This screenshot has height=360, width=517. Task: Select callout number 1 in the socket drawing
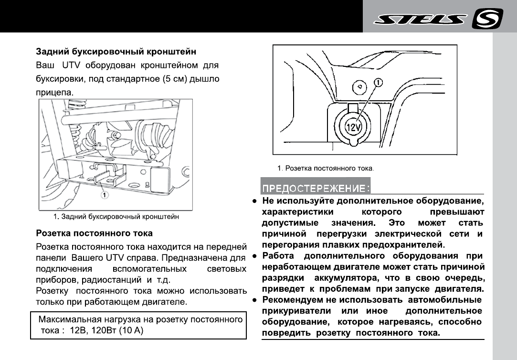tap(379, 83)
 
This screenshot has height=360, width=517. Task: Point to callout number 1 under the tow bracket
tap(104, 194)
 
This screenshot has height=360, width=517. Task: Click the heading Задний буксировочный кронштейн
tap(116, 51)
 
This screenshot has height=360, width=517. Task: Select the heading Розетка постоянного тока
tap(95, 233)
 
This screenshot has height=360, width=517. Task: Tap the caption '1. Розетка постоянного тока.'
tap(326, 168)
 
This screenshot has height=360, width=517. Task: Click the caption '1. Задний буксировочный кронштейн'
tap(116, 217)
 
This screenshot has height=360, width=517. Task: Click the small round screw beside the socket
tap(359, 87)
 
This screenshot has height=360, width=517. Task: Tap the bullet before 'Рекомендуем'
tap(256, 300)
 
